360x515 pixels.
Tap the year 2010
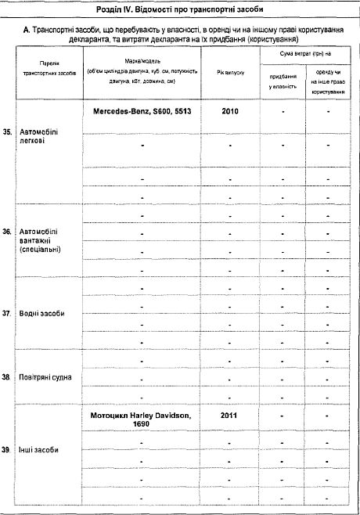(229, 111)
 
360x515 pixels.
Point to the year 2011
(229, 412)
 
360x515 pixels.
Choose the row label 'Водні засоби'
(43, 313)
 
